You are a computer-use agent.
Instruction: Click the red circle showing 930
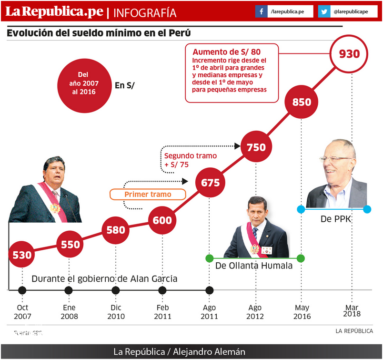349,53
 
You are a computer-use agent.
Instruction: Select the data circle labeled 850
302,102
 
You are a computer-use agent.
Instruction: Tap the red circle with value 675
210,183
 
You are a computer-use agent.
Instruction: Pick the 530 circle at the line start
22,255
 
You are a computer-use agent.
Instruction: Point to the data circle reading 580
115,230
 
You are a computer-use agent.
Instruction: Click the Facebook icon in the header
261,11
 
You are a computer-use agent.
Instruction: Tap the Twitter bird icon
324,11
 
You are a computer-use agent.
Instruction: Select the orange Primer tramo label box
147,194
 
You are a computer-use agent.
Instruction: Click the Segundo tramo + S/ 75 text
190,160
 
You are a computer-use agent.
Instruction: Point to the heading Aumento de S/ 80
226,52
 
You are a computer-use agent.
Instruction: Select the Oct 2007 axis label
22,312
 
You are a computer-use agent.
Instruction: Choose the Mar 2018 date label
352,310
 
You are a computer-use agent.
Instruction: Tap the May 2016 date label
302,312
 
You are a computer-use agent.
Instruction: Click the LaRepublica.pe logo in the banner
54,12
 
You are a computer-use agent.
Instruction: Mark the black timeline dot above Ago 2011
209,290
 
